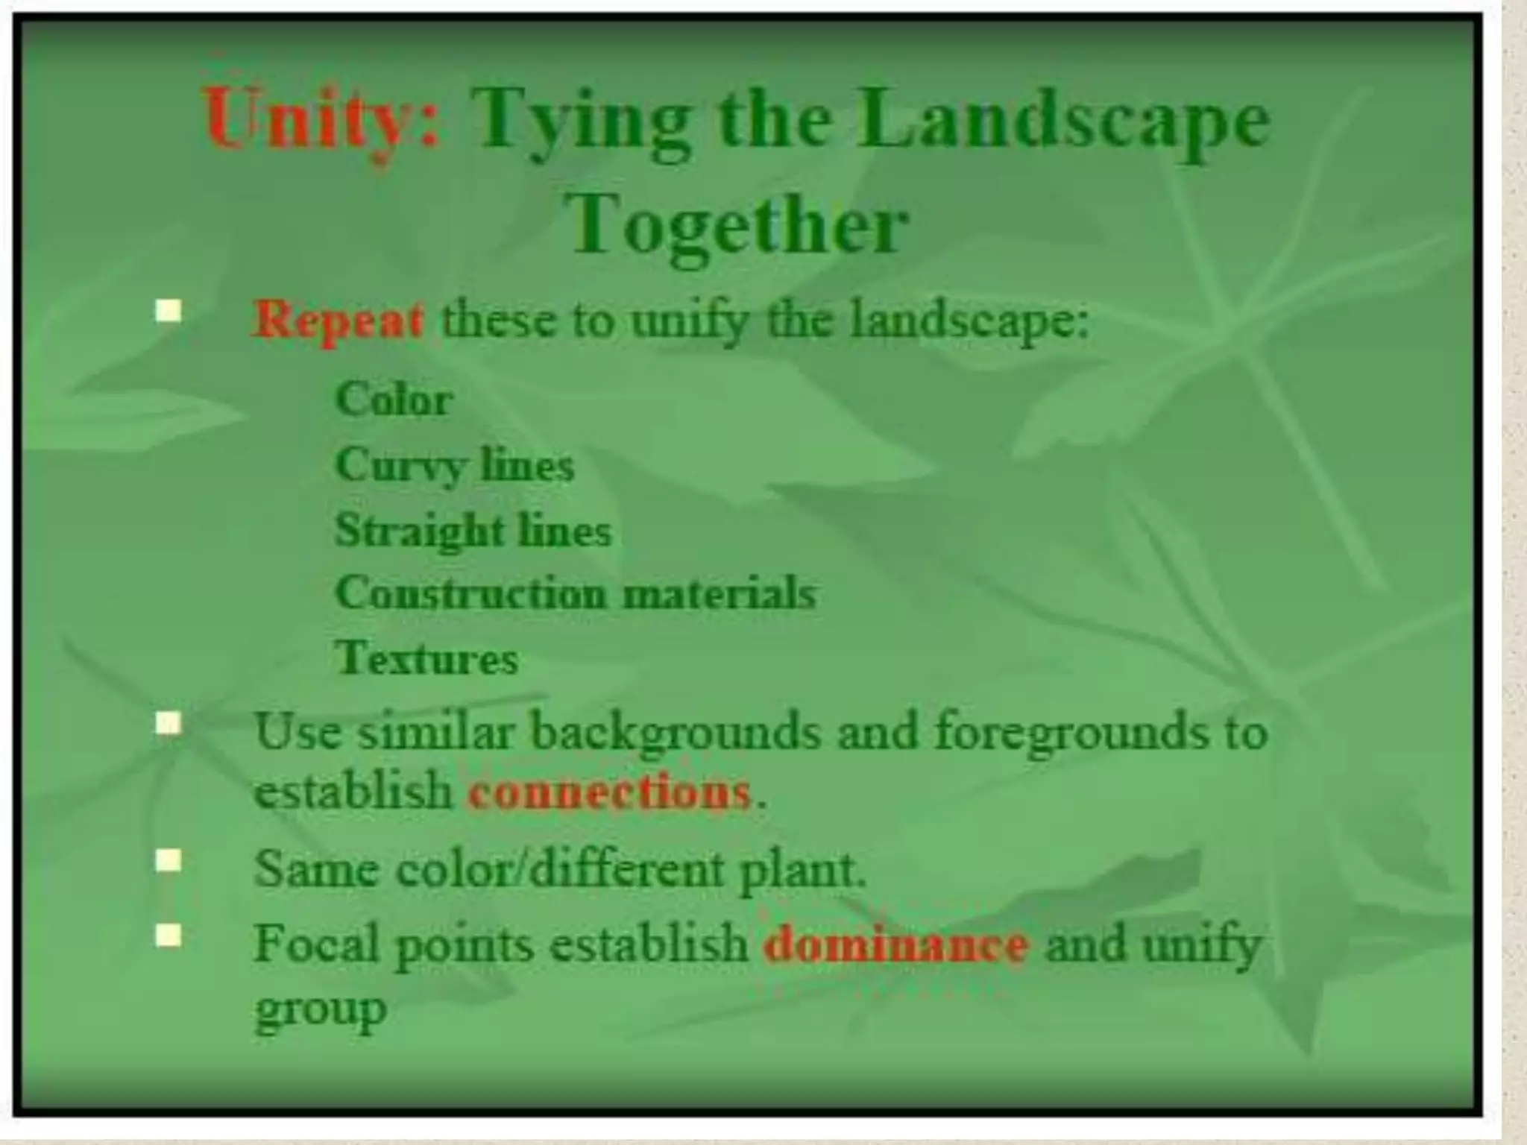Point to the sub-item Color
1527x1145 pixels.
coord(394,400)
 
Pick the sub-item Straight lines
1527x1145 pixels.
coord(473,531)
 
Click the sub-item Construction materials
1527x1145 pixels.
coord(576,594)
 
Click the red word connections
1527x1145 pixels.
coord(609,792)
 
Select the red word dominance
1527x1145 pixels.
coord(895,944)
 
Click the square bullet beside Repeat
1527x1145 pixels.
coord(169,310)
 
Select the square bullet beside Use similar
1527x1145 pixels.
coord(169,722)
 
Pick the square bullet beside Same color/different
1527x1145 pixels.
coord(169,861)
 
